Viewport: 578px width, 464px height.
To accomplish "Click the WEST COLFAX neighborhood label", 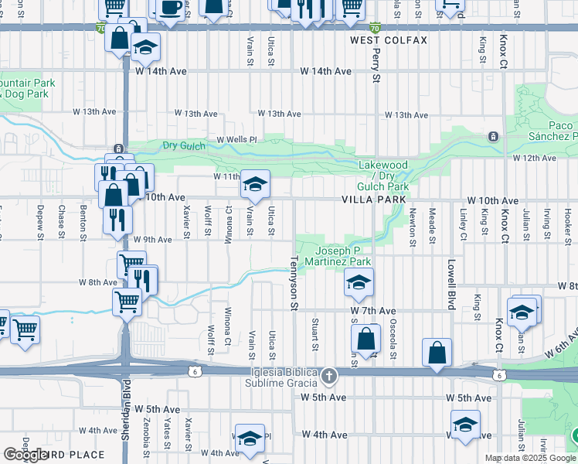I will [x=388, y=39].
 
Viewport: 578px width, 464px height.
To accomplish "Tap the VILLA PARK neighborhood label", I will [x=373, y=200].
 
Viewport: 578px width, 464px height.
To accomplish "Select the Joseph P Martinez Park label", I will [x=343, y=256].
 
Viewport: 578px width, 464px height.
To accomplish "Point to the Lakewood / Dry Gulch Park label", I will [x=382, y=176].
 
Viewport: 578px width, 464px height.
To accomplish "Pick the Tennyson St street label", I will [x=294, y=282].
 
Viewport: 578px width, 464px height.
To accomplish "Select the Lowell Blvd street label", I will [x=450, y=281].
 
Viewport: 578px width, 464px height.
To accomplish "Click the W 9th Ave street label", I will [x=153, y=240].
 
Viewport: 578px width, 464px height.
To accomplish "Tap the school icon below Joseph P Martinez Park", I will [x=359, y=284].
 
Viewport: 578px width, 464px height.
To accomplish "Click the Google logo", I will [x=25, y=455].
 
